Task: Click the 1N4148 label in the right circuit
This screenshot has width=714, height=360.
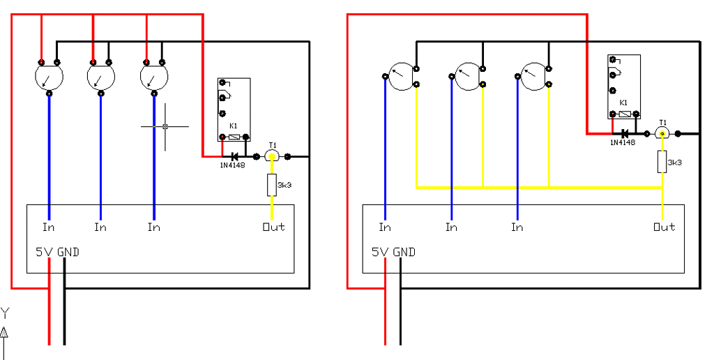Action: point(623,142)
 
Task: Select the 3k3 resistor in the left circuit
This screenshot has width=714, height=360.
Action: point(272,186)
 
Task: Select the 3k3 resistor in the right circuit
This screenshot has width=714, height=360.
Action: point(662,162)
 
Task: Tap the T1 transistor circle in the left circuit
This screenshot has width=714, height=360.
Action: point(272,156)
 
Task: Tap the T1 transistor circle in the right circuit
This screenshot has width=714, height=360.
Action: point(662,133)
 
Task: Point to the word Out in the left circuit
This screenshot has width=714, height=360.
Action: point(273,227)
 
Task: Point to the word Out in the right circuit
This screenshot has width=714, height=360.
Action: point(664,227)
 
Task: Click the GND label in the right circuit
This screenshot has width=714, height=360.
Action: point(404,252)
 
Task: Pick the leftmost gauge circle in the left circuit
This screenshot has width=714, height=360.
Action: point(49,77)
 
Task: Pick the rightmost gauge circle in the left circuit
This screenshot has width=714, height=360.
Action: point(153,77)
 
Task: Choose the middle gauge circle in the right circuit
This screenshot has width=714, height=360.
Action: point(468,76)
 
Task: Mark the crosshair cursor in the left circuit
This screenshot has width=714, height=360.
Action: point(165,126)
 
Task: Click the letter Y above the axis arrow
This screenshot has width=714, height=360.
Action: point(5,313)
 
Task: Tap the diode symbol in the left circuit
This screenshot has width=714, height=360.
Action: point(235,156)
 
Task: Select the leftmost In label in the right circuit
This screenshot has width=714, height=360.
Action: point(385,227)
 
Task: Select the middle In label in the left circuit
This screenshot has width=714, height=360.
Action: point(100,227)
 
